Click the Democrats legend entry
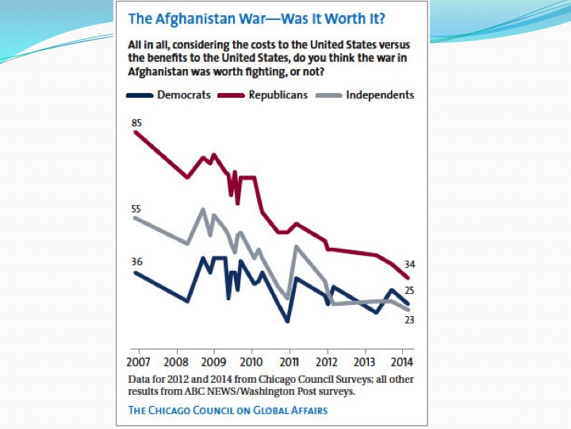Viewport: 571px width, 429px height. [183, 95]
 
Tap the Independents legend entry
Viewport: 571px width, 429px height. [380, 95]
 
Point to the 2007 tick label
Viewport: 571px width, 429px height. [139, 360]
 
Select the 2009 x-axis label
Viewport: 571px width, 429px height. [214, 360]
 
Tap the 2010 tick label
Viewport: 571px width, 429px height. [251, 360]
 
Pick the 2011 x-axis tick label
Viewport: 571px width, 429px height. [289, 360]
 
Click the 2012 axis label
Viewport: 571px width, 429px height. [327, 360]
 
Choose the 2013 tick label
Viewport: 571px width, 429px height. [365, 360]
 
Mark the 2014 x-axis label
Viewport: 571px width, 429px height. [402, 360]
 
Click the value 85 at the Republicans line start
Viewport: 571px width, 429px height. [137, 122]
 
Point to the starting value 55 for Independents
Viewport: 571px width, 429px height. [136, 209]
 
